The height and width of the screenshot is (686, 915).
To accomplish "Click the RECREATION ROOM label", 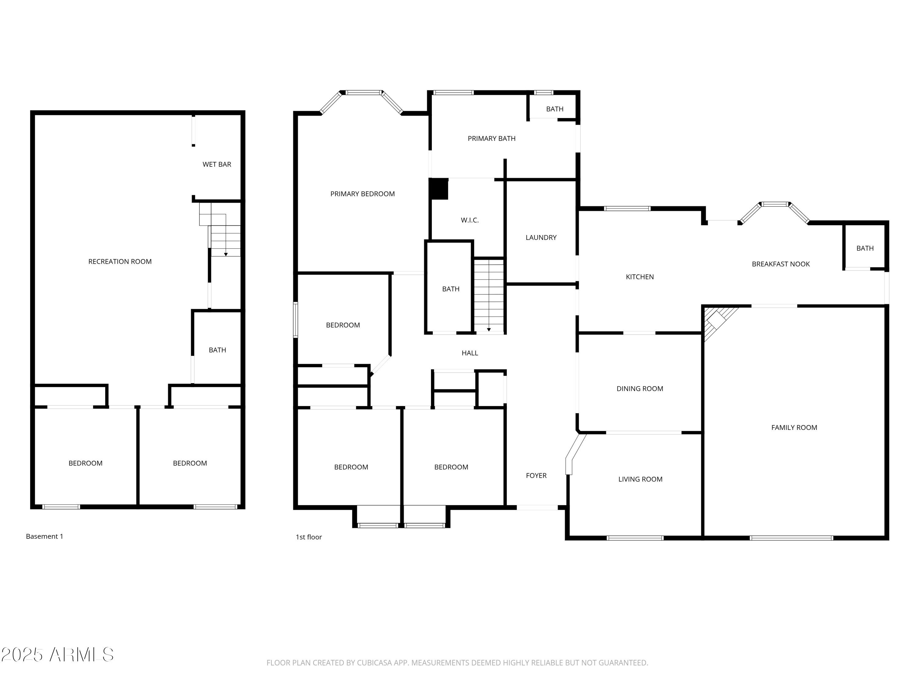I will pos(120,261).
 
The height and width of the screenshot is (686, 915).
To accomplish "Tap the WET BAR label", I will pos(217,164).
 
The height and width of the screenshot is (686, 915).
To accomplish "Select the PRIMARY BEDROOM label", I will pos(362,194).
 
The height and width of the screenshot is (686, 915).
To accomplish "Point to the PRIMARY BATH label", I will pos(491,138).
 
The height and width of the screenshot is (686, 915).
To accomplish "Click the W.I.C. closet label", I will pos(469,220).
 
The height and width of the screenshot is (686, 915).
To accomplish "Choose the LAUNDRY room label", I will pos(541,237).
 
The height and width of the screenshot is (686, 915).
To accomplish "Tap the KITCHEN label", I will pos(640,277).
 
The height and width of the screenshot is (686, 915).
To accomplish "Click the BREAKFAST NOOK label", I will pos(780,264).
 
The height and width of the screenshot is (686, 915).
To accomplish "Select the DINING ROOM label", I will pos(640,388).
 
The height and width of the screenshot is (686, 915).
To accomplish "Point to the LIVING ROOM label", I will pos(640,479).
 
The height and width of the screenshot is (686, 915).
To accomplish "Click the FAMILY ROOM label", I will pos(794,427).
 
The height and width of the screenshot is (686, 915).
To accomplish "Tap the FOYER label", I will pos(536,476).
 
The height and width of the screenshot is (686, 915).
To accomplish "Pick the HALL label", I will pos(469,353).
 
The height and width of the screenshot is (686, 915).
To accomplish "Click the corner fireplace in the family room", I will pos(716,319).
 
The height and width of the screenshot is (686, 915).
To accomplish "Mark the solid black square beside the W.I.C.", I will pos(439,188).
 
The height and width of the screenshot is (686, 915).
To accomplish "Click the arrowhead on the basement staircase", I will pos(226,254).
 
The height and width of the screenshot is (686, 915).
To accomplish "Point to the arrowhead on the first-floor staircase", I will pos(489,330).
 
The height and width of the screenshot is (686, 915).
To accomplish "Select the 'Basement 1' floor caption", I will pos(44,536).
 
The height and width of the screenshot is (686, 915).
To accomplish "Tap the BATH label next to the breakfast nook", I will pos(865,248).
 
